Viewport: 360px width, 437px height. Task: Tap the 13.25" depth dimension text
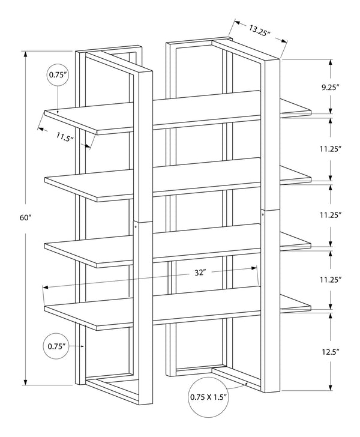[x=259, y=30]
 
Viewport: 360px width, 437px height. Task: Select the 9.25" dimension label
[x=331, y=88]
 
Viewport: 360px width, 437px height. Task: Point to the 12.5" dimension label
[x=331, y=352]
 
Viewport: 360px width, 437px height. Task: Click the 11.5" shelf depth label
[x=65, y=137]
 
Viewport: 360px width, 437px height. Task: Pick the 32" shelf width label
[x=200, y=273]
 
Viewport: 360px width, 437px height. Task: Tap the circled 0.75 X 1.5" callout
[x=209, y=397]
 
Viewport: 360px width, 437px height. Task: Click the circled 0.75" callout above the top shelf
[x=58, y=74]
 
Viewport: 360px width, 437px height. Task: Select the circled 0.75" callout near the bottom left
[x=56, y=346]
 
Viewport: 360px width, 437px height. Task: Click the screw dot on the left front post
[x=136, y=226]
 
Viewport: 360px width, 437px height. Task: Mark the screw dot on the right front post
[x=263, y=214]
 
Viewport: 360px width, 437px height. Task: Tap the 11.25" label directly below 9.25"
[x=331, y=149]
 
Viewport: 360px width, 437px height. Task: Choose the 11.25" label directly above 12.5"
[x=331, y=280]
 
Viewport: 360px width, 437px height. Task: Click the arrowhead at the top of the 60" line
[x=26, y=55]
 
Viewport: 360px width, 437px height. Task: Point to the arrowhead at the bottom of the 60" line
[x=26, y=382]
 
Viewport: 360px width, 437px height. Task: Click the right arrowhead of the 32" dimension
[x=254, y=268]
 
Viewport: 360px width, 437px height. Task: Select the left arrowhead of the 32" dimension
[x=46, y=288]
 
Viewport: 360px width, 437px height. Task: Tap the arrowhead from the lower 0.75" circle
[x=82, y=346]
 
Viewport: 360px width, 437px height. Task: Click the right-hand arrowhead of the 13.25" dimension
[x=284, y=41]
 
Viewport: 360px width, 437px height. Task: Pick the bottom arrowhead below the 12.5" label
[x=331, y=387]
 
